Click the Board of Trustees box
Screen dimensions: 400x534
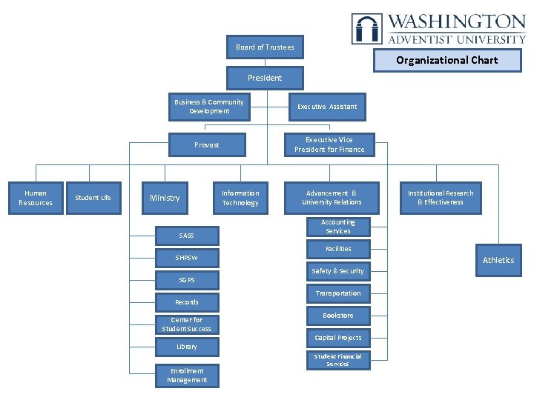pyautogui.click(x=265, y=47)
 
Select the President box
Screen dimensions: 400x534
pyautogui.click(x=265, y=78)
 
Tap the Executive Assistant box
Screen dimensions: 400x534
pyautogui.click(x=327, y=107)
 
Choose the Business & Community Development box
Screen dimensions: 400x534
pyautogui.click(x=208, y=107)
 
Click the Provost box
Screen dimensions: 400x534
pyautogui.click(x=207, y=145)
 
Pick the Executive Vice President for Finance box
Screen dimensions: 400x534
pyautogui.click(x=329, y=144)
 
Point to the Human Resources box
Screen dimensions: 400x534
pyautogui.click(x=36, y=199)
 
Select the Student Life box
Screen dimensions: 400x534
pyautogui.click(x=93, y=198)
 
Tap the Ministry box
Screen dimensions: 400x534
pyautogui.click(x=165, y=198)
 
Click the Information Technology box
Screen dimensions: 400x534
pyautogui.click(x=240, y=198)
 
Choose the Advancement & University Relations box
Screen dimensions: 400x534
pyautogui.click(x=332, y=198)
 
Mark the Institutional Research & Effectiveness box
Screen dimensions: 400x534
pyautogui.click(x=441, y=198)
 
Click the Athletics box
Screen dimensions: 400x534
pyautogui.click(x=498, y=260)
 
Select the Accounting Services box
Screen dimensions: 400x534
pyautogui.click(x=337, y=227)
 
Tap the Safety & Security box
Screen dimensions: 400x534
pyautogui.click(x=337, y=271)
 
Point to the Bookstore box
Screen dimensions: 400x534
pyautogui.click(x=337, y=316)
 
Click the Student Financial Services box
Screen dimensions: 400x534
pyautogui.click(x=337, y=360)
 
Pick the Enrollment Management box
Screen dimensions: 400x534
pyautogui.click(x=187, y=376)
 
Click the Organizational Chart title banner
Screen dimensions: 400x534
pyautogui.click(x=447, y=60)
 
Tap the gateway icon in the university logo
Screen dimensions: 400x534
pyautogui.click(x=367, y=29)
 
